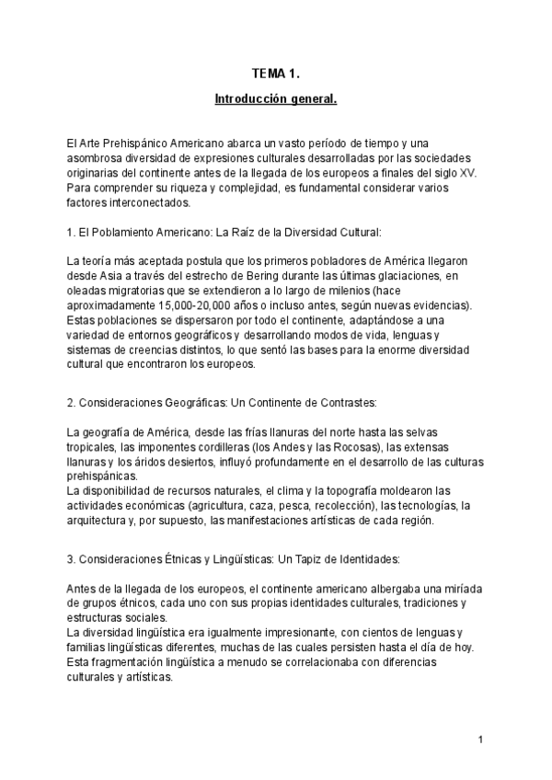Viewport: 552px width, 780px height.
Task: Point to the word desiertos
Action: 172,462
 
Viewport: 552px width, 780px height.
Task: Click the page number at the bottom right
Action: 481,740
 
